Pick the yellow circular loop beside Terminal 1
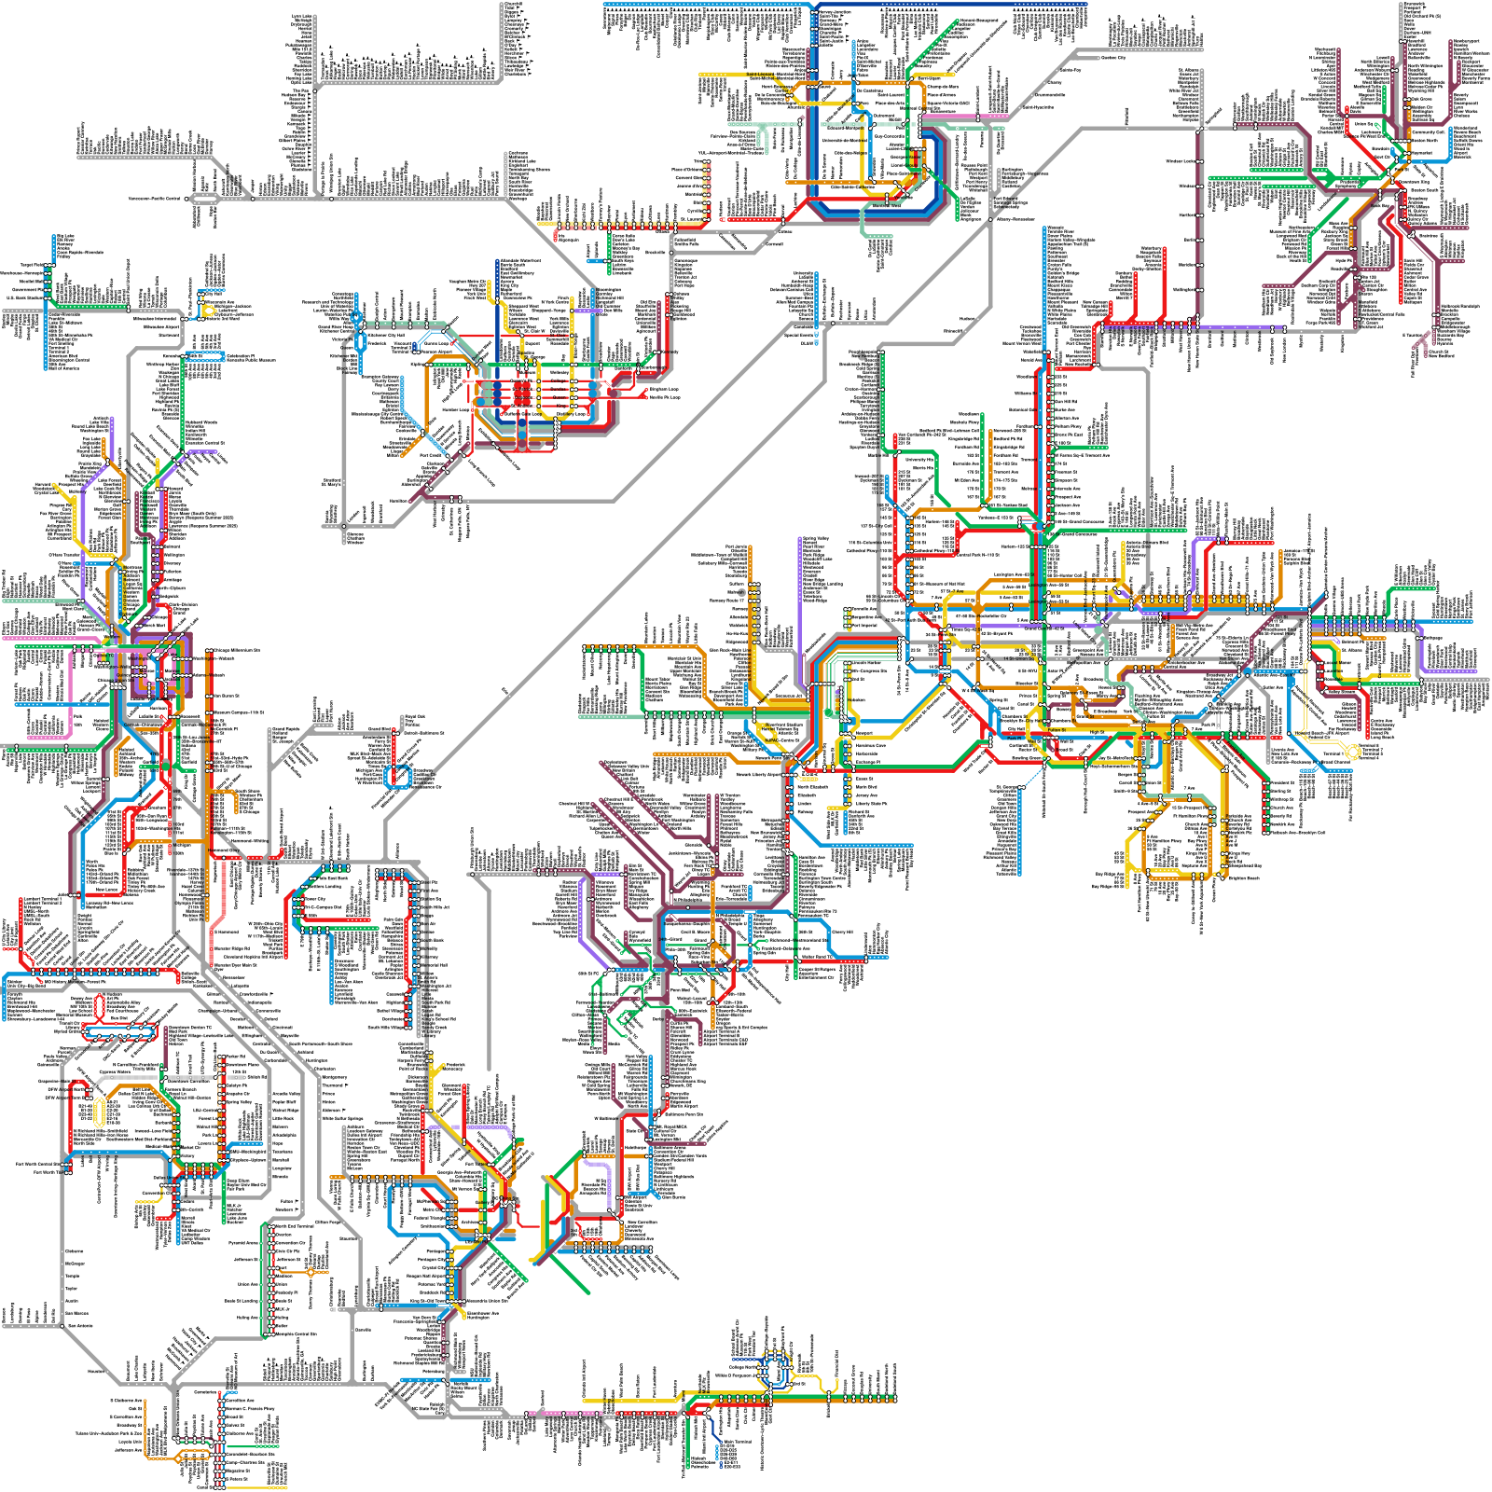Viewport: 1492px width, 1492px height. point(1352,751)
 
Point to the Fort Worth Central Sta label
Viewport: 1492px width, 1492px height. point(37,1166)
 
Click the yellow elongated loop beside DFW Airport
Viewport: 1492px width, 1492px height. point(99,1112)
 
